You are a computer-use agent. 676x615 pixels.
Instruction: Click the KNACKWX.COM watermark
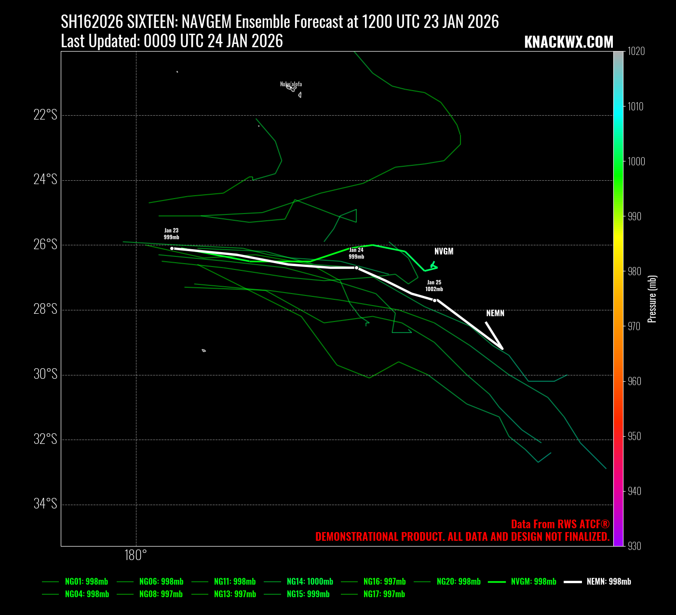(568, 42)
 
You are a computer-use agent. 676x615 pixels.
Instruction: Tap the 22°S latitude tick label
(45, 115)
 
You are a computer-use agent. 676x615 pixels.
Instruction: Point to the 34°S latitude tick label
(45, 504)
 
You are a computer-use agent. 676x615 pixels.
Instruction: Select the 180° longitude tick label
(135, 555)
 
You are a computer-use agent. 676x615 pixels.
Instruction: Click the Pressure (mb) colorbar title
(652, 299)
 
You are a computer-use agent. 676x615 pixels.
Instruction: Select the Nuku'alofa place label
(291, 84)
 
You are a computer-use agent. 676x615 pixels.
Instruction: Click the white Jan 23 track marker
(172, 248)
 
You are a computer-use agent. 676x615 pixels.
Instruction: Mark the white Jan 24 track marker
(356, 267)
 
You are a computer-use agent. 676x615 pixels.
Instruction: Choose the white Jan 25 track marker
(434, 300)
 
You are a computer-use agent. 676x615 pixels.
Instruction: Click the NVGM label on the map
(444, 252)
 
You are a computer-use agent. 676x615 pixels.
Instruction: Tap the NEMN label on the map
(495, 313)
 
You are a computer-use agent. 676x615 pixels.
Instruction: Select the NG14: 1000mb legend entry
(310, 582)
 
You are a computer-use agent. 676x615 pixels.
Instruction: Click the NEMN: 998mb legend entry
(608, 582)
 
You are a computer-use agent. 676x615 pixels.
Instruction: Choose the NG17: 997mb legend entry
(384, 594)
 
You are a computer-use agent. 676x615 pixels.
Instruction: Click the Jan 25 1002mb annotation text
(434, 286)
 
